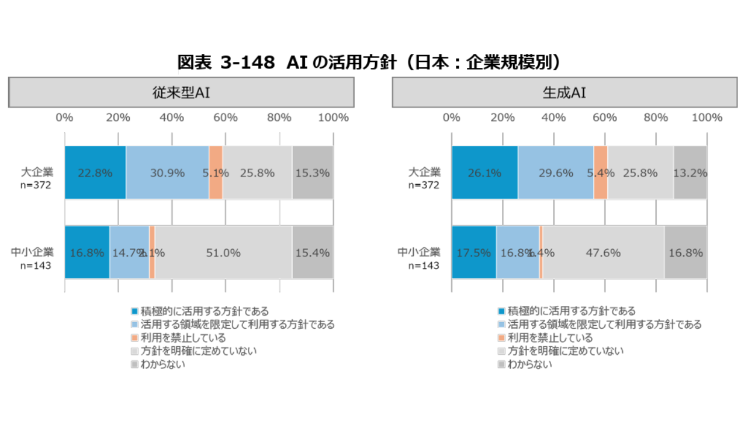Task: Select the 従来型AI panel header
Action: click(181, 92)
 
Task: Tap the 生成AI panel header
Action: click(564, 92)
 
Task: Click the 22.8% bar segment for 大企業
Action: click(95, 173)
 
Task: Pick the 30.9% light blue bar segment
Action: click(167, 173)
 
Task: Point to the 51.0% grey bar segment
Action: click(223, 253)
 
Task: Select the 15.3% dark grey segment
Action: click(313, 173)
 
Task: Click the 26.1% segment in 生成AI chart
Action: click(484, 173)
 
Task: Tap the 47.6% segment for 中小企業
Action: click(603, 253)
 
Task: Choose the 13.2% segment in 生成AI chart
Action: click(690, 173)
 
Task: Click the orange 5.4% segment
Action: click(600, 173)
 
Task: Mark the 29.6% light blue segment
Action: click(556, 173)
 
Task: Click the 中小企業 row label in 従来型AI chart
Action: click(32, 253)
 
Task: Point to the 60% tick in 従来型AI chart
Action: click(225, 118)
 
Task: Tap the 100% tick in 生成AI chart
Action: click(707, 118)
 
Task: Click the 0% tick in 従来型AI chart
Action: click(64, 118)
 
